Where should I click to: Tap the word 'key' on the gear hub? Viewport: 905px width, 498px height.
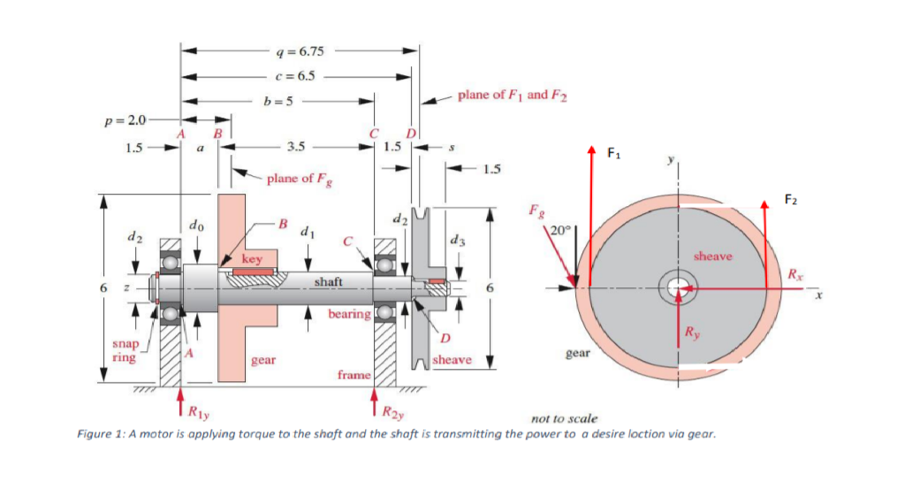point(252,259)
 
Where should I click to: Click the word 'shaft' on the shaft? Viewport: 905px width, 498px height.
point(328,280)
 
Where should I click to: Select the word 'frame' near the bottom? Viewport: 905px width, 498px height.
point(354,375)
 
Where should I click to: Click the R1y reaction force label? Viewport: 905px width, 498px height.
point(196,411)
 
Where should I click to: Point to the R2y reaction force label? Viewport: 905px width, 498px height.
point(394,411)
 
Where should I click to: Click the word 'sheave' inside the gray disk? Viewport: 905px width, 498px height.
point(713,256)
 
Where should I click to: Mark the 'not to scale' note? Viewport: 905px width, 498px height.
point(564,418)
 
